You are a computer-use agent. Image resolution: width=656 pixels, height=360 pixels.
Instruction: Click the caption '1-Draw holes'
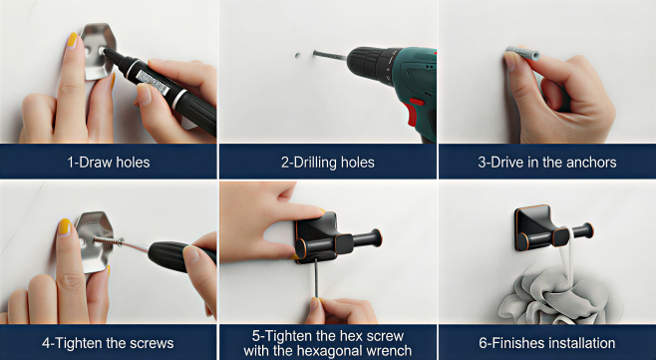click(x=109, y=162)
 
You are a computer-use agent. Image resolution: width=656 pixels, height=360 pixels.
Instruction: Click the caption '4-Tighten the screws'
click(x=108, y=343)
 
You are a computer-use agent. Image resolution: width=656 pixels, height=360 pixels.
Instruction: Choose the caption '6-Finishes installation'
click(x=547, y=343)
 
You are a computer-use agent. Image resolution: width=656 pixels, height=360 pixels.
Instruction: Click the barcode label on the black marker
click(x=153, y=82)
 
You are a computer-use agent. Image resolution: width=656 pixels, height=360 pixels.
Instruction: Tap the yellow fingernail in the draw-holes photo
click(x=72, y=41)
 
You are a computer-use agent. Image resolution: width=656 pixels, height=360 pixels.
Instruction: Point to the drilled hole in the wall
click(x=297, y=55)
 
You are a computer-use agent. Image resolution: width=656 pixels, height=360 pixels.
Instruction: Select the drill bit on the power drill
click(x=330, y=55)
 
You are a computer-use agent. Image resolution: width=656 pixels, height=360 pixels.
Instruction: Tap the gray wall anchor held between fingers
click(x=523, y=53)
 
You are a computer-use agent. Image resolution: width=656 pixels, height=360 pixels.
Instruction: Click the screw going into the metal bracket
click(x=109, y=240)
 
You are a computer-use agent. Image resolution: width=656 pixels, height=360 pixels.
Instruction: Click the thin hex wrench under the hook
click(x=316, y=278)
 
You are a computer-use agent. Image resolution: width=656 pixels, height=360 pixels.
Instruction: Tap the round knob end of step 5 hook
click(x=376, y=237)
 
